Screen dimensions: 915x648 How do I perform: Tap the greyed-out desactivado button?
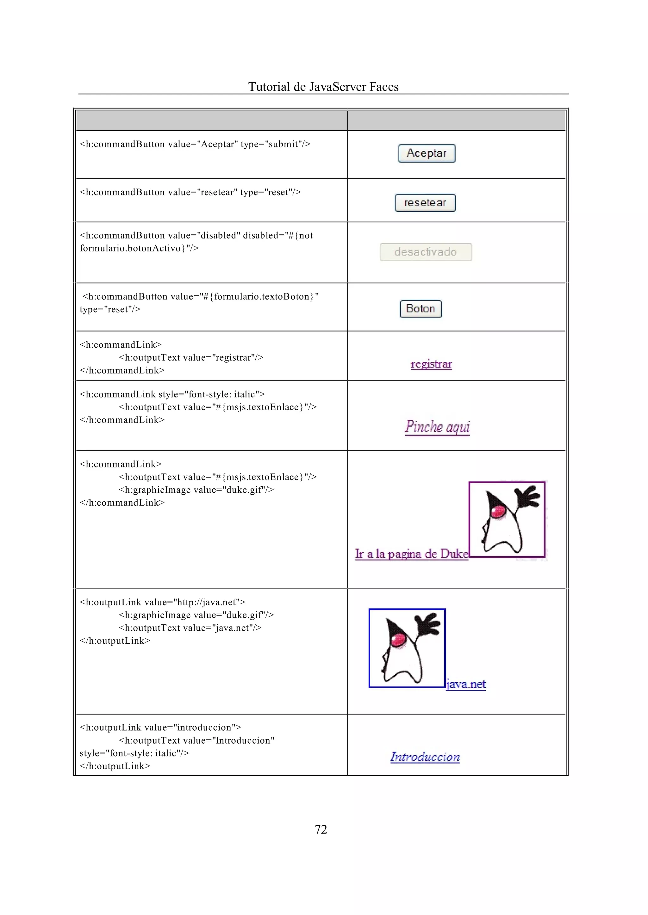425,252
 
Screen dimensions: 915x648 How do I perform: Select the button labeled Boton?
421,309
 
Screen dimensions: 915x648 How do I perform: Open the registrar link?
431,364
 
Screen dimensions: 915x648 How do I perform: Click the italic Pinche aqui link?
437,427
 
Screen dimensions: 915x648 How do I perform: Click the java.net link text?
466,684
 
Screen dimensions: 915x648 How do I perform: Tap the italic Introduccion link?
425,757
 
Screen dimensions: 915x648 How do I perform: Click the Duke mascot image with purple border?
507,519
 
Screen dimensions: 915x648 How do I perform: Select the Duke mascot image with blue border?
407,648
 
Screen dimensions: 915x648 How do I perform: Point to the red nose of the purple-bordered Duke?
498,511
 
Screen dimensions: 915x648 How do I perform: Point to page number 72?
321,830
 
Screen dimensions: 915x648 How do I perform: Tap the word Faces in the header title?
384,87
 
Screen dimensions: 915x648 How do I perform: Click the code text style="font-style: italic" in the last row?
134,753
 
